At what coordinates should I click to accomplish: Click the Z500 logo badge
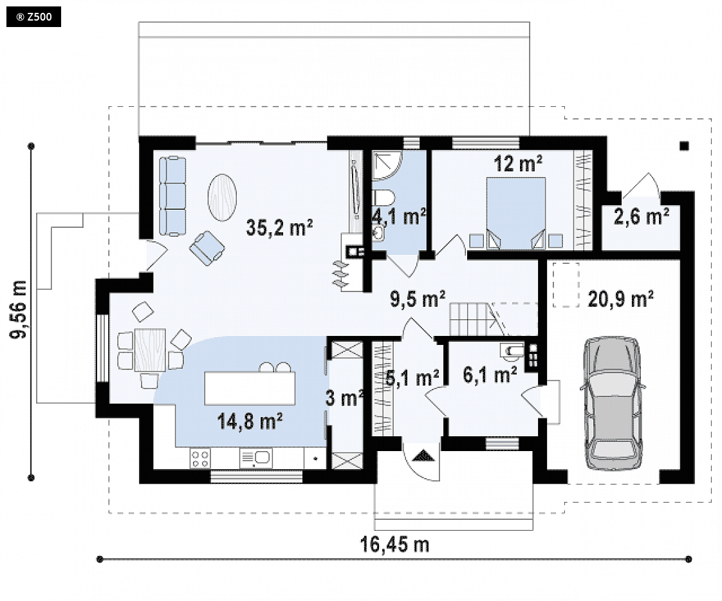click(33, 17)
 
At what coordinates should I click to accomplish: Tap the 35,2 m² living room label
click(279, 228)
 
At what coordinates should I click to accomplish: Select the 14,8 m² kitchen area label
click(250, 421)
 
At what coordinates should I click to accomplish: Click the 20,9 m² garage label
click(621, 299)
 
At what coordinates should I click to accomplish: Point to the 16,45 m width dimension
click(394, 544)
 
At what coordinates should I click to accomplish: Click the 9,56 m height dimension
click(19, 309)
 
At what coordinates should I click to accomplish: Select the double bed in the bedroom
click(516, 213)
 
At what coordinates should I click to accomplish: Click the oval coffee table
click(223, 198)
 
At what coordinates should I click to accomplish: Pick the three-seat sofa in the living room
click(172, 197)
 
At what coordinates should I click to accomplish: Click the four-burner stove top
click(201, 459)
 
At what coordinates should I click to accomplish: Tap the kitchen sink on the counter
click(255, 459)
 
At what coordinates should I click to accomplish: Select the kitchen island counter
click(250, 388)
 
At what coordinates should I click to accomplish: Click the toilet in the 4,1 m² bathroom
click(384, 198)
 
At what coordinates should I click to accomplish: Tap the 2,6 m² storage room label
click(642, 216)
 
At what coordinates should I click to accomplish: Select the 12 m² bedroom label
click(518, 163)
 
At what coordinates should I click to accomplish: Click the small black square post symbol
click(684, 146)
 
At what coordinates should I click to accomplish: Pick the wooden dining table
click(150, 350)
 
